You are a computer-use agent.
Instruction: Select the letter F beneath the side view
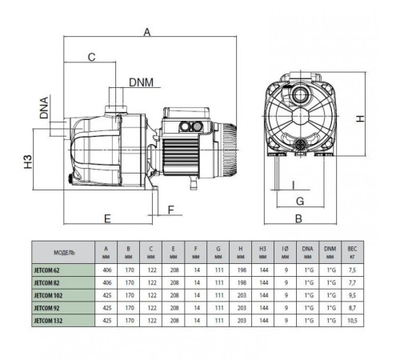click(x=170, y=210)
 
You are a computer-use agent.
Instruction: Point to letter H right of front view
click(x=361, y=119)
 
